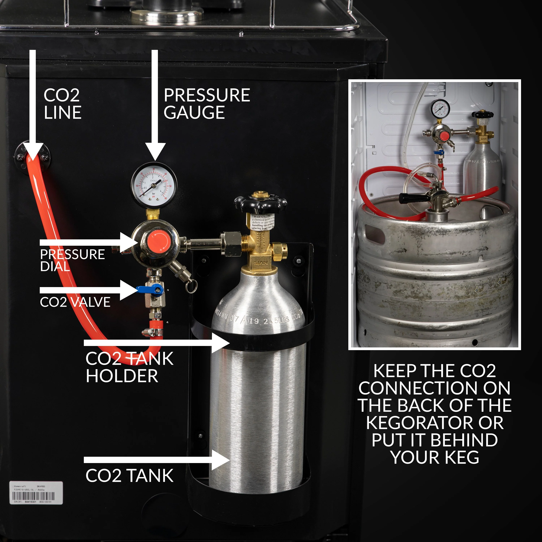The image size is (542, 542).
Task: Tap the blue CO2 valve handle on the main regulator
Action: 150,289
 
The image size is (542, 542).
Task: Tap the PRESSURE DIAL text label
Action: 72,260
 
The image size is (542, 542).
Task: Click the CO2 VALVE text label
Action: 75,302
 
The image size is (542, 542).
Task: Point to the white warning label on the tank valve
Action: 263,222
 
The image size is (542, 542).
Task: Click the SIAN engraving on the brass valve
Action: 261,263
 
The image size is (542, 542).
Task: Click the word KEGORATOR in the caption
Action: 435,423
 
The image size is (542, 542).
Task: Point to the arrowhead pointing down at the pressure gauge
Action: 155,152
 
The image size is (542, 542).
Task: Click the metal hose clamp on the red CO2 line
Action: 153,333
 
